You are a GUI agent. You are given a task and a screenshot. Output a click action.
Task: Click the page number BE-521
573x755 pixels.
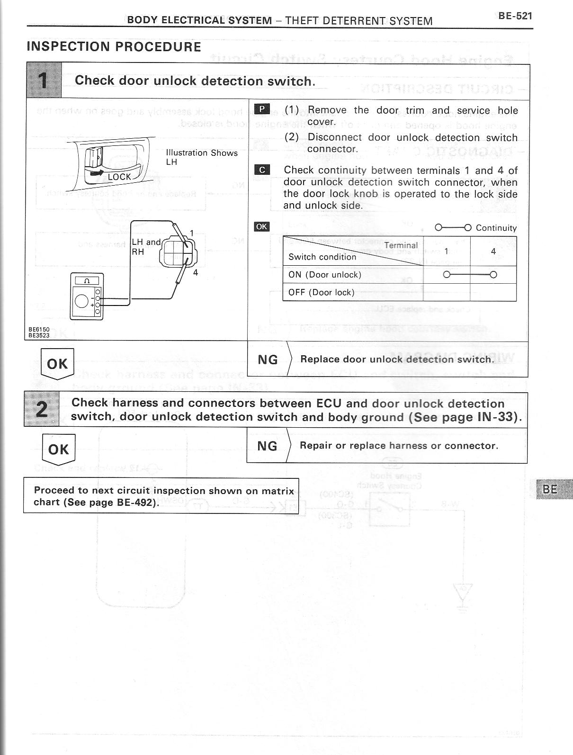pyautogui.click(x=515, y=16)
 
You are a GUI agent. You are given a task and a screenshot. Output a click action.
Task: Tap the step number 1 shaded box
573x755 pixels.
pyautogui.click(x=44, y=80)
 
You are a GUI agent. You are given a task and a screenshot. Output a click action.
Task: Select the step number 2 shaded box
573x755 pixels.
pyautogui.click(x=42, y=409)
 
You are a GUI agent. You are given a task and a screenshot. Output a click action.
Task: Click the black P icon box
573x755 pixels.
pyautogui.click(x=262, y=109)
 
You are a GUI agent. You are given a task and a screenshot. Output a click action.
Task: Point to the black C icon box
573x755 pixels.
pyautogui.click(x=262, y=170)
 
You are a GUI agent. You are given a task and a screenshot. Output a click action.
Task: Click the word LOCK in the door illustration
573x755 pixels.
pyautogui.click(x=119, y=177)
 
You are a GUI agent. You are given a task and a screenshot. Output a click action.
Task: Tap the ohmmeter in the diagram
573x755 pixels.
pyautogui.click(x=86, y=296)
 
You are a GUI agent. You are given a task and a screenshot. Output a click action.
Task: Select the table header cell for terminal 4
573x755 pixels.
pyautogui.click(x=493, y=252)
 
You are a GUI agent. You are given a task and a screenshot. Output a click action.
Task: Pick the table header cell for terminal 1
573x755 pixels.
pyautogui.click(x=446, y=252)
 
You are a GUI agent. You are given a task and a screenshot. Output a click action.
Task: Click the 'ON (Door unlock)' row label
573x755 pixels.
pyautogui.click(x=325, y=275)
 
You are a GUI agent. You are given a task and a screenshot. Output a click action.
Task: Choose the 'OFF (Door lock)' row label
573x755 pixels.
pyautogui.click(x=321, y=292)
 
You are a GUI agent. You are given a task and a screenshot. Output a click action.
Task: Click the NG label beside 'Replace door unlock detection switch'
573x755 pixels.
pyautogui.click(x=268, y=360)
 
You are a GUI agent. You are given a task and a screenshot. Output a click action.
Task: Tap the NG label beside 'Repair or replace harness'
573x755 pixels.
pyautogui.click(x=267, y=446)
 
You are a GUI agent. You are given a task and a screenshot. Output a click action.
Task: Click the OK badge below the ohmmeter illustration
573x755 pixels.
pyautogui.click(x=57, y=364)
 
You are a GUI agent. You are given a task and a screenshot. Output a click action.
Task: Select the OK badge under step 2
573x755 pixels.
pyautogui.click(x=58, y=449)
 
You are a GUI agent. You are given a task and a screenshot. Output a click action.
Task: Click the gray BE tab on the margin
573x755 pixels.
pyautogui.click(x=552, y=489)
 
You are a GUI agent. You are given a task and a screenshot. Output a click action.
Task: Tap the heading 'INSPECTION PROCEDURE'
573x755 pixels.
pyautogui.click(x=114, y=47)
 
